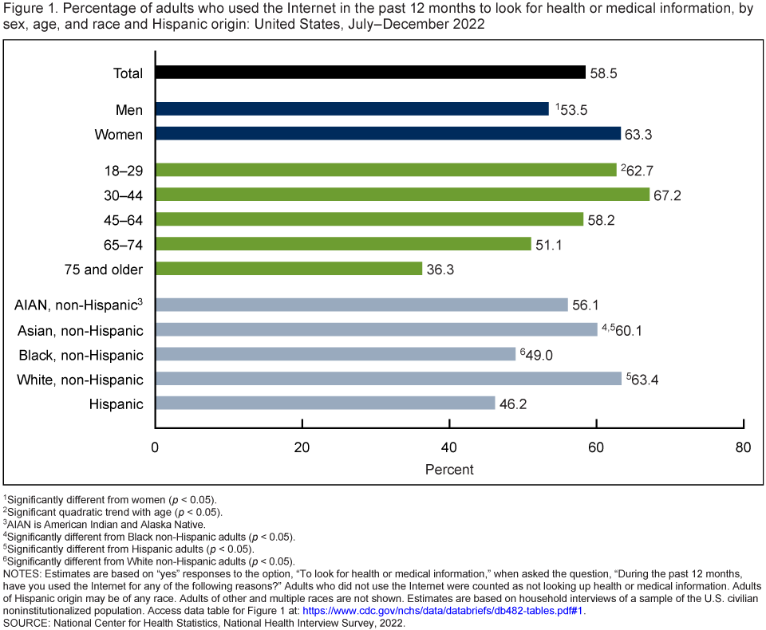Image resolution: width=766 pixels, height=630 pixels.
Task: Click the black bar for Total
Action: click(x=370, y=73)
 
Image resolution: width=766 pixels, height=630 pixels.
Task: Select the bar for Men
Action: click(x=352, y=109)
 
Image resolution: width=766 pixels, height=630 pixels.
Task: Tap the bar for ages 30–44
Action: click(x=402, y=195)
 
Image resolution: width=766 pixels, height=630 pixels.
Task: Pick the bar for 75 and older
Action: click(x=288, y=269)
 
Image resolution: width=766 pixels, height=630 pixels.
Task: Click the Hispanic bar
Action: click(x=325, y=404)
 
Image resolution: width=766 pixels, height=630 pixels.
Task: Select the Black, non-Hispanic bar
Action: click(x=335, y=354)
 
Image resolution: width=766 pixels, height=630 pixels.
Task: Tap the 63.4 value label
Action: click(x=645, y=380)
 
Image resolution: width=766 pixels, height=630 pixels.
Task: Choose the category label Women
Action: click(x=119, y=135)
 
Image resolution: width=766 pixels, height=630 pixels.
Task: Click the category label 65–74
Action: click(x=124, y=244)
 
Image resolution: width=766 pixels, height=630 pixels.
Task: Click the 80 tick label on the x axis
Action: click(x=743, y=448)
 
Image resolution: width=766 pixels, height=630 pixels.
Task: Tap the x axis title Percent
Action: click(x=449, y=470)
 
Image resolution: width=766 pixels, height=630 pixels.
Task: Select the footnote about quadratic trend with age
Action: click(x=114, y=511)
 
